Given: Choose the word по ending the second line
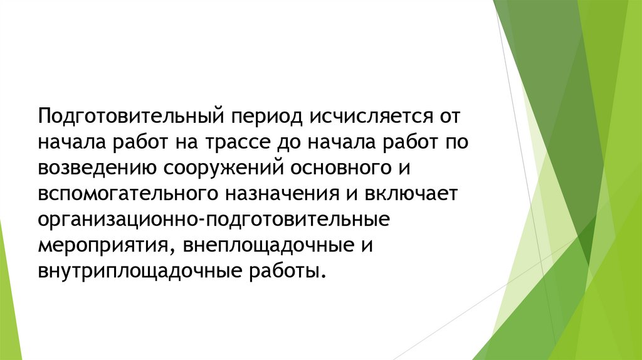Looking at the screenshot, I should click(x=461, y=142).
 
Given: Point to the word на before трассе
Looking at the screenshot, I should click(x=181, y=142).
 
